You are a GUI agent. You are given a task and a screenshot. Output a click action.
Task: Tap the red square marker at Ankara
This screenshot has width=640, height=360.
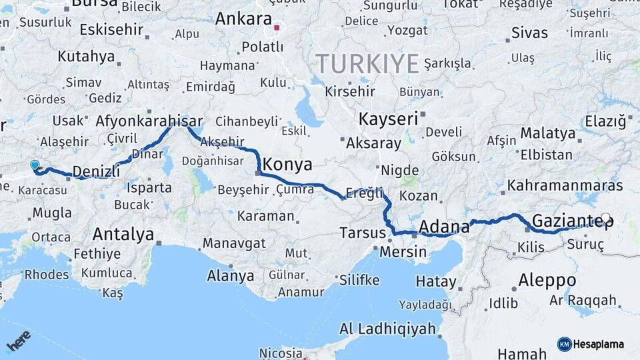pyautogui.click(x=277, y=29)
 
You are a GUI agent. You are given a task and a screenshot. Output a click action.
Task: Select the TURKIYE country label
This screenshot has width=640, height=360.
pyautogui.click(x=367, y=64)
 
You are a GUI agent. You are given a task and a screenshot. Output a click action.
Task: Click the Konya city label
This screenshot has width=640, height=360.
pyautogui.click(x=287, y=163)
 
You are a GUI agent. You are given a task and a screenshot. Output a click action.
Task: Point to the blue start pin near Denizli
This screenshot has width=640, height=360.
pyautogui.click(x=35, y=165)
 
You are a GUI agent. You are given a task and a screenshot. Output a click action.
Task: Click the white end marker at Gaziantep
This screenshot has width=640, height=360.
pyautogui.click(x=605, y=218)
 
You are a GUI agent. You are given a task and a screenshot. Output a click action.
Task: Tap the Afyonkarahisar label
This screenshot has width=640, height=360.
pyautogui.click(x=149, y=121)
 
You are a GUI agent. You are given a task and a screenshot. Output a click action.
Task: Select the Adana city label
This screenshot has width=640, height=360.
pyautogui.click(x=444, y=227)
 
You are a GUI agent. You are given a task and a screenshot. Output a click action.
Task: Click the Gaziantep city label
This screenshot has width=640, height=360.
pyautogui.click(x=572, y=220)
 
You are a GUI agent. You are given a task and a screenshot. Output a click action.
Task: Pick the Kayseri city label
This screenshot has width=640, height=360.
pyautogui.click(x=388, y=120)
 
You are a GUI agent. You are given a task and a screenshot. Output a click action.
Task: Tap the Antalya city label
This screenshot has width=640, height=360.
pyautogui.click(x=123, y=234)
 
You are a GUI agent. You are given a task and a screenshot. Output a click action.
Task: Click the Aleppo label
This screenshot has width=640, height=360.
pyautogui.click(x=547, y=279)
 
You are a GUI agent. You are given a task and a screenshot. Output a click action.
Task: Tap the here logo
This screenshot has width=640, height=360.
pyautogui.click(x=18, y=340)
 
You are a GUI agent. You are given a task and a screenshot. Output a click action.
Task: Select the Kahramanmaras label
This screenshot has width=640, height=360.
pyautogui.click(x=565, y=185)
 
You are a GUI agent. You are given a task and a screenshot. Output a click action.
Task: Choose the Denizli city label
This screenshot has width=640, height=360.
pyautogui.click(x=96, y=171)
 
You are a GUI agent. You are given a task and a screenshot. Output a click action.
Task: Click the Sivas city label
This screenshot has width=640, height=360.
pyautogui.click(x=529, y=33)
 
